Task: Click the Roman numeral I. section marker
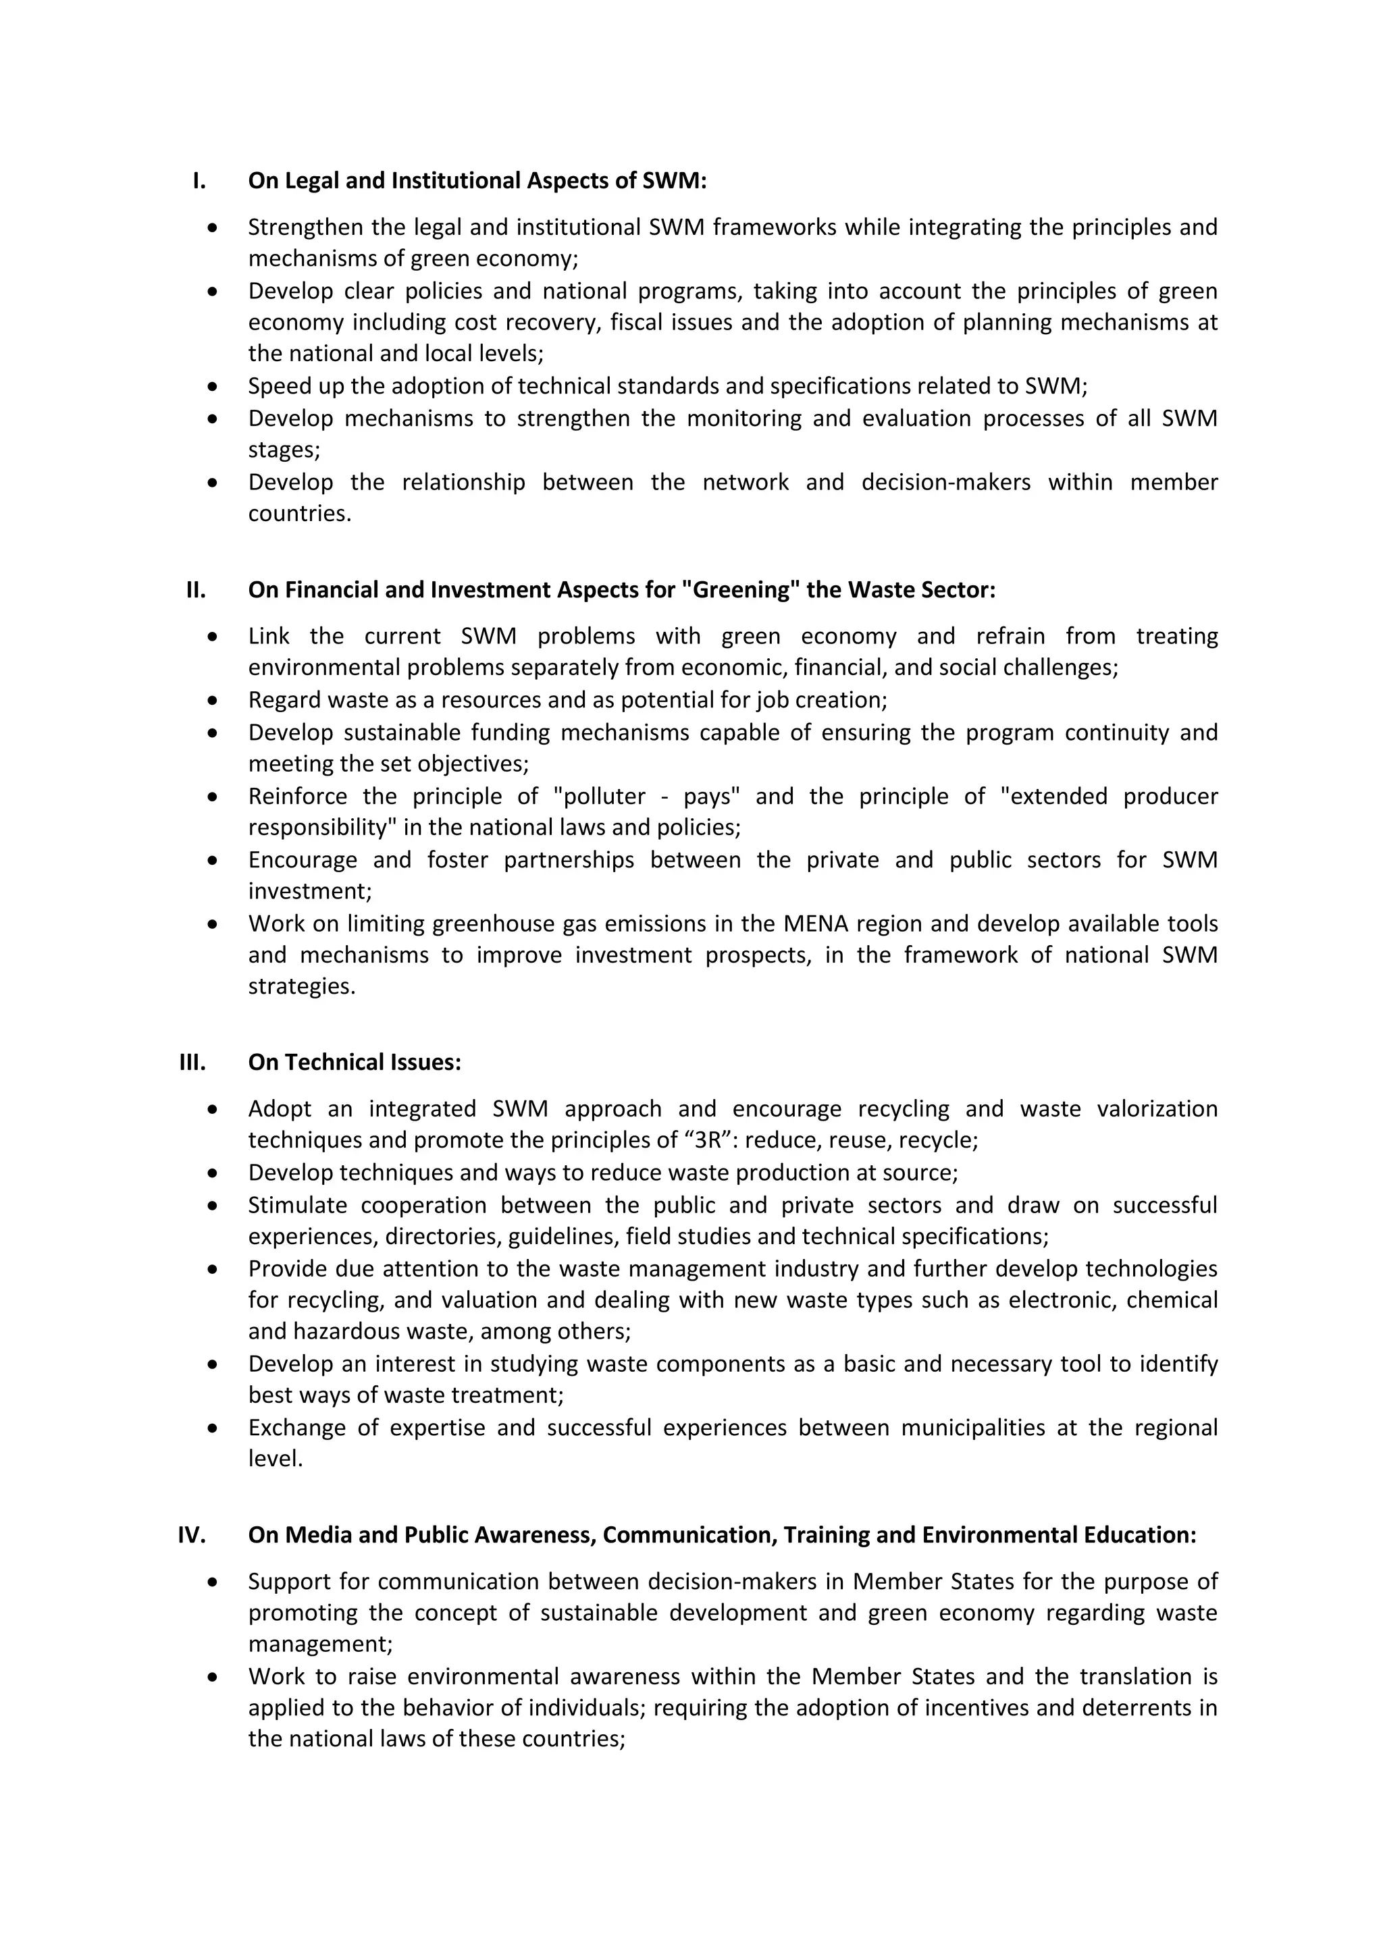click(199, 180)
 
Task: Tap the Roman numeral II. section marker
click(196, 590)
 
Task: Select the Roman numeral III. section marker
click(192, 1063)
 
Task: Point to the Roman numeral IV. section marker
click(192, 1535)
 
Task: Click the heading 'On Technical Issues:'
click(355, 1063)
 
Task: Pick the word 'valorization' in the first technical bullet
click(1157, 1108)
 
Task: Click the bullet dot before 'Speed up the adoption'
click(213, 387)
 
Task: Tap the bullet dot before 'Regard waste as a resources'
click(213, 700)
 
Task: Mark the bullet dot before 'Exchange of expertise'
click(213, 1428)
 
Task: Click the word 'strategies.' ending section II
click(301, 987)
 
